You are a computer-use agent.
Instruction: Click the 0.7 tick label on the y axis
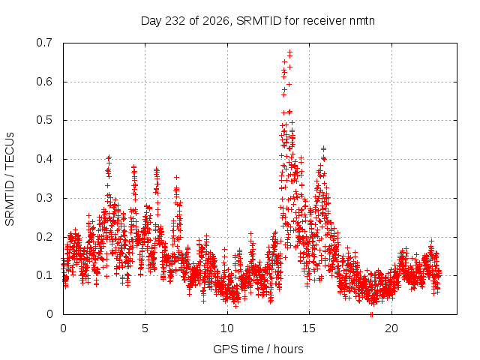point(44,43)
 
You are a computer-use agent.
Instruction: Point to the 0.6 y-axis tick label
point(44,82)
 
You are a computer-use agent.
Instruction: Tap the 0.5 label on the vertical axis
point(44,120)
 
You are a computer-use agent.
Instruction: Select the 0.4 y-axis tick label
point(44,159)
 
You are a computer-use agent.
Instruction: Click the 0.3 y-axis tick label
point(44,198)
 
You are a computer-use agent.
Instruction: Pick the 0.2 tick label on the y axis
point(44,237)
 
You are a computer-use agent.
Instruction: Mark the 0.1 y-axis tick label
point(44,275)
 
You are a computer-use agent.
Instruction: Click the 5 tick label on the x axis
point(145,328)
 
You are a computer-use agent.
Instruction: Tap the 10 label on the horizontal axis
point(227,328)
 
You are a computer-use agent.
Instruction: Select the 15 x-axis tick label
point(309,328)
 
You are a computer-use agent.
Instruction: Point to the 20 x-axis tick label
point(391,328)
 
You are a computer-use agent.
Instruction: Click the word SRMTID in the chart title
point(259,21)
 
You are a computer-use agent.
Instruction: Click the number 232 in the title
point(175,21)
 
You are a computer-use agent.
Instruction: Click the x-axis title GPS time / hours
point(258,349)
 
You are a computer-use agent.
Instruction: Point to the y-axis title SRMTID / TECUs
point(10,179)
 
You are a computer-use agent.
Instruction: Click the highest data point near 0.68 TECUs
point(289,52)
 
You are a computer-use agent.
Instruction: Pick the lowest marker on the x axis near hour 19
point(372,314)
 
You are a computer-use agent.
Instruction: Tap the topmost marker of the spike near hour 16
point(323,148)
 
